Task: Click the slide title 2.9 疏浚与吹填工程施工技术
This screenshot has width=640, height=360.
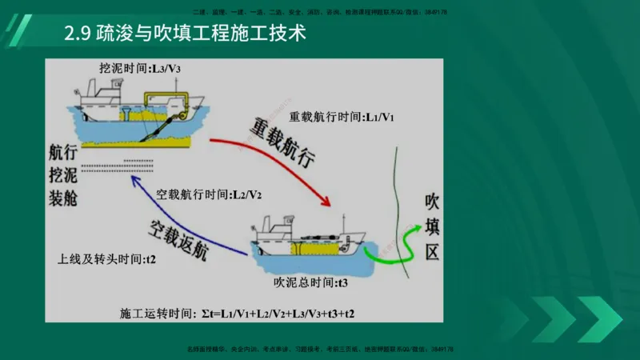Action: [x=185, y=36]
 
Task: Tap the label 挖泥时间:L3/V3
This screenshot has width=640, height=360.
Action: [x=140, y=68]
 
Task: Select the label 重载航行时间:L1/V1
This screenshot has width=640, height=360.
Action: [x=342, y=117]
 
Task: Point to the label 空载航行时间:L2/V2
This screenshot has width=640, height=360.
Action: [x=210, y=194]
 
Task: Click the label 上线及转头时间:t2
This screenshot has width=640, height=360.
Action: [x=106, y=260]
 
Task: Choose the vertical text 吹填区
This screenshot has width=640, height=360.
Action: [x=433, y=226]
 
